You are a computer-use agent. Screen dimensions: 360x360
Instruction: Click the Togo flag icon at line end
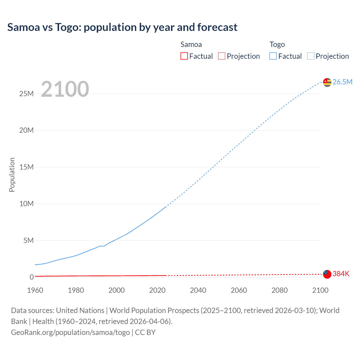coord(327,82)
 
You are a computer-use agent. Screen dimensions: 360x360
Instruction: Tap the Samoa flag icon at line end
coord(327,274)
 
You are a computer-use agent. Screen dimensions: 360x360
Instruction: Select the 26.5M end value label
coord(342,82)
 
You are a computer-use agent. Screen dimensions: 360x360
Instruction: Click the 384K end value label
coord(341,274)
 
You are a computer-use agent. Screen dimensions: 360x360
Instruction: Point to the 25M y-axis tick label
coord(26,94)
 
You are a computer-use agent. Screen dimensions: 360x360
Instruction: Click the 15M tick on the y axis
coord(26,167)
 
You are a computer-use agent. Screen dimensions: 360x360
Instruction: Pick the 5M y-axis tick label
coord(28,240)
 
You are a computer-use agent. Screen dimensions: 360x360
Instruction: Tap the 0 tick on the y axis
coord(31,277)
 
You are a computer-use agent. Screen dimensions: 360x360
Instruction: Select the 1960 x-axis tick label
coord(35,290)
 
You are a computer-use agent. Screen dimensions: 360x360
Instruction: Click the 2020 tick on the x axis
coord(157,290)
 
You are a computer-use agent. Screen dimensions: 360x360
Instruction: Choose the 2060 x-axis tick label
coord(239,290)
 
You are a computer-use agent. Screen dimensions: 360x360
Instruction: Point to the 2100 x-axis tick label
coord(320,290)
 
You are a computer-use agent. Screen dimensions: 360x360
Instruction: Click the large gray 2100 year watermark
coord(65,89)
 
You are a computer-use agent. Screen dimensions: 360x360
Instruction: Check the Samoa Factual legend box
coord(184,56)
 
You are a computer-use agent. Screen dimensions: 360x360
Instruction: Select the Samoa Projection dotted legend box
coord(222,56)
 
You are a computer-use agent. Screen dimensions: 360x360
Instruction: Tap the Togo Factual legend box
coord(273,56)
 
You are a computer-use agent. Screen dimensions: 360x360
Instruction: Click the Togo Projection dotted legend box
coord(310,56)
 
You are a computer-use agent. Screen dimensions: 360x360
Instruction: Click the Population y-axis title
coord(12,175)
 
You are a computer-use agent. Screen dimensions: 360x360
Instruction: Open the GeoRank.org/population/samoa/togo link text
coord(70,332)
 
